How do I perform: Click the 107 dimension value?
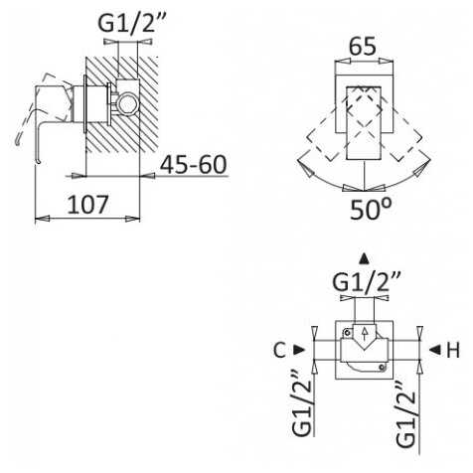pos(88,205)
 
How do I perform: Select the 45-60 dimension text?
pos(194,164)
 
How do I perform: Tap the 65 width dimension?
pos(363,46)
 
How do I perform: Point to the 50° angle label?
pos(371,209)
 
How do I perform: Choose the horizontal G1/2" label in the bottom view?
pos(367,282)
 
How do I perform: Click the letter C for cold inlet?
pos(280,350)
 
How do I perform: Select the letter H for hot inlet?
pos(453,350)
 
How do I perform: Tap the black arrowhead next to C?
pos(299,350)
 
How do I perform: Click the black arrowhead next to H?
pos(435,349)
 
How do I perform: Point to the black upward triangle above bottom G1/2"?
pos(365,259)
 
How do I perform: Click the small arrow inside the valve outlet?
pos(365,333)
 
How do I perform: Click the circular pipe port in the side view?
pos(127,103)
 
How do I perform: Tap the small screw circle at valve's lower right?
pos(383,367)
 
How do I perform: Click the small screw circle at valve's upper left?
pos(347,332)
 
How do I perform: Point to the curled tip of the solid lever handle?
pos(39,162)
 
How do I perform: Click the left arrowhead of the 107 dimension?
pos(43,219)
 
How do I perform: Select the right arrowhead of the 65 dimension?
pos(387,62)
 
